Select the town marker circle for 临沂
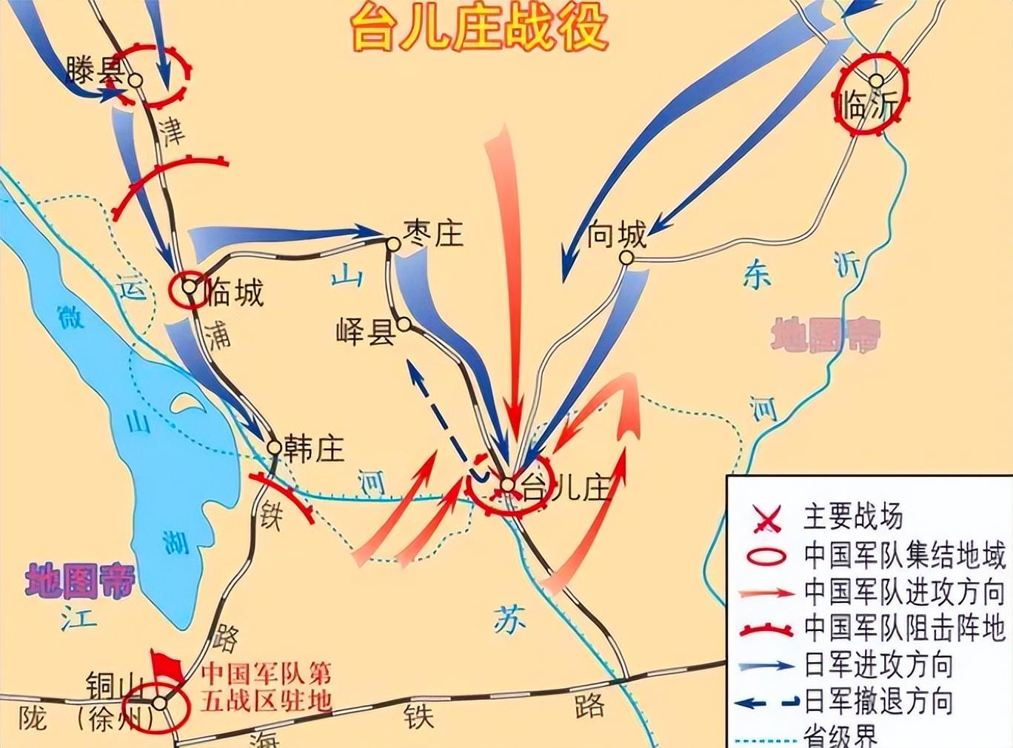coord(877,81)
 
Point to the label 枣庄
coord(434,233)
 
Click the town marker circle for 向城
coord(626,258)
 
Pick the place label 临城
coord(234,293)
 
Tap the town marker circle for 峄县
coord(404,324)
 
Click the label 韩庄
coord(314,449)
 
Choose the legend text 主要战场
coord(853,517)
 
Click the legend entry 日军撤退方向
coord(878,701)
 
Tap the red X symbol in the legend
coord(766,520)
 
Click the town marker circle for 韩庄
coord(274,448)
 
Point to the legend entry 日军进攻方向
coord(878,664)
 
